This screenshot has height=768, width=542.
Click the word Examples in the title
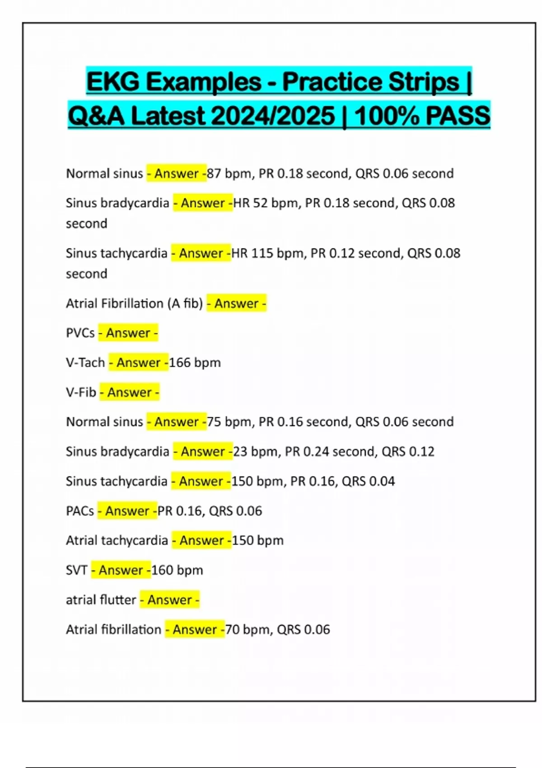coord(203,82)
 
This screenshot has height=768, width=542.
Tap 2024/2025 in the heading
coord(273,116)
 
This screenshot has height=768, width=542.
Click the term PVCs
coord(80,333)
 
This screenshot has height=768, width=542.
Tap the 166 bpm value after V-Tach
coord(195,362)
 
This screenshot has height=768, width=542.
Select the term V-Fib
coord(81,392)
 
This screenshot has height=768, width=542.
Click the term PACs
coord(80,511)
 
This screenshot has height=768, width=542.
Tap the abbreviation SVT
coord(76,570)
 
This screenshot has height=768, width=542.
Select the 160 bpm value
coord(177,570)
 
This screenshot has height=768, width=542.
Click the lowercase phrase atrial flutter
coord(101,600)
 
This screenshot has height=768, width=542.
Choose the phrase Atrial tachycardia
coord(117,540)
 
